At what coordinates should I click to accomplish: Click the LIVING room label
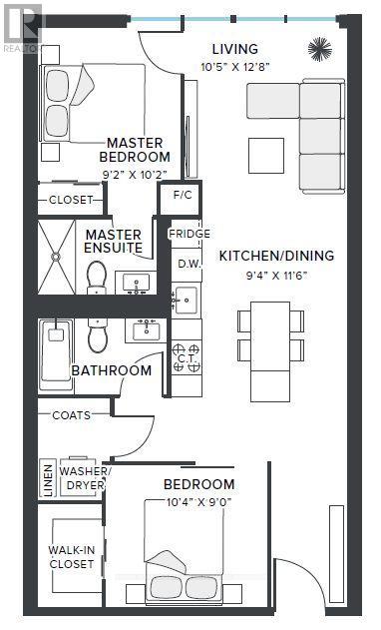(x=235, y=49)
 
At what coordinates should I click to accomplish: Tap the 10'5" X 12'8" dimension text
(x=235, y=67)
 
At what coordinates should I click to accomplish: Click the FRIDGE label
(x=189, y=235)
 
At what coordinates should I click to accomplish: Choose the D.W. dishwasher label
(x=189, y=264)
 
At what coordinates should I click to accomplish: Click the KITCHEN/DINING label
(x=276, y=256)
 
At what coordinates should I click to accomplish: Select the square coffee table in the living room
(x=267, y=153)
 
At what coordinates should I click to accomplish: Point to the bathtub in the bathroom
(x=54, y=355)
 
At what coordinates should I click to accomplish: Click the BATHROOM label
(x=111, y=370)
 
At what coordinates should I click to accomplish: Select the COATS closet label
(x=70, y=415)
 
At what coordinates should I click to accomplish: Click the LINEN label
(x=46, y=476)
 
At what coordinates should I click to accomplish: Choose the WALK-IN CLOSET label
(x=72, y=556)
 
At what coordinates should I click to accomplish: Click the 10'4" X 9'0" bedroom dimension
(x=198, y=501)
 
